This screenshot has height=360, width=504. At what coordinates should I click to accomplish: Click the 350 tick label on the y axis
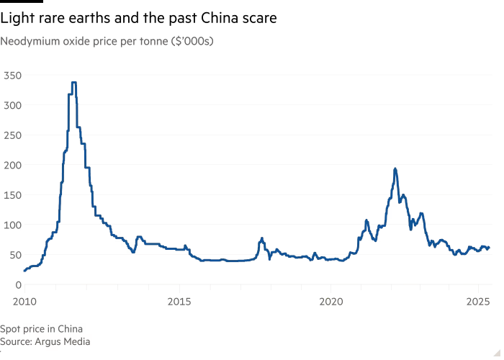point(12,75)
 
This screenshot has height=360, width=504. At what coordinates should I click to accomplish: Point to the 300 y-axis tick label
point(12,105)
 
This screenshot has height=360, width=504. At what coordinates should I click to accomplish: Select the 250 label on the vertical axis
point(12,135)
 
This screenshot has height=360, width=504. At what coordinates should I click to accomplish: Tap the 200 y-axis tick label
point(12,165)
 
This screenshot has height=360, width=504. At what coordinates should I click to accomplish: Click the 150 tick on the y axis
point(12,194)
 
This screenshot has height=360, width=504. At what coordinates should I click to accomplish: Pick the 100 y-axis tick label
point(12,225)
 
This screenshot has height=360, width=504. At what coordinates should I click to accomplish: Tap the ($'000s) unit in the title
point(191,41)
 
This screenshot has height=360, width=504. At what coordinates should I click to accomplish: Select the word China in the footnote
point(69,329)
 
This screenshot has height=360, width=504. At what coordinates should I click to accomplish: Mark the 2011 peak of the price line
point(73,83)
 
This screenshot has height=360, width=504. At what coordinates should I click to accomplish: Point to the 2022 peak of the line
point(395,169)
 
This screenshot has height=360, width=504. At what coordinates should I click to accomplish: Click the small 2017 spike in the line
point(261,238)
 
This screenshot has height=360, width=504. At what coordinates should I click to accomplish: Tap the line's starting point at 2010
point(24,271)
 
